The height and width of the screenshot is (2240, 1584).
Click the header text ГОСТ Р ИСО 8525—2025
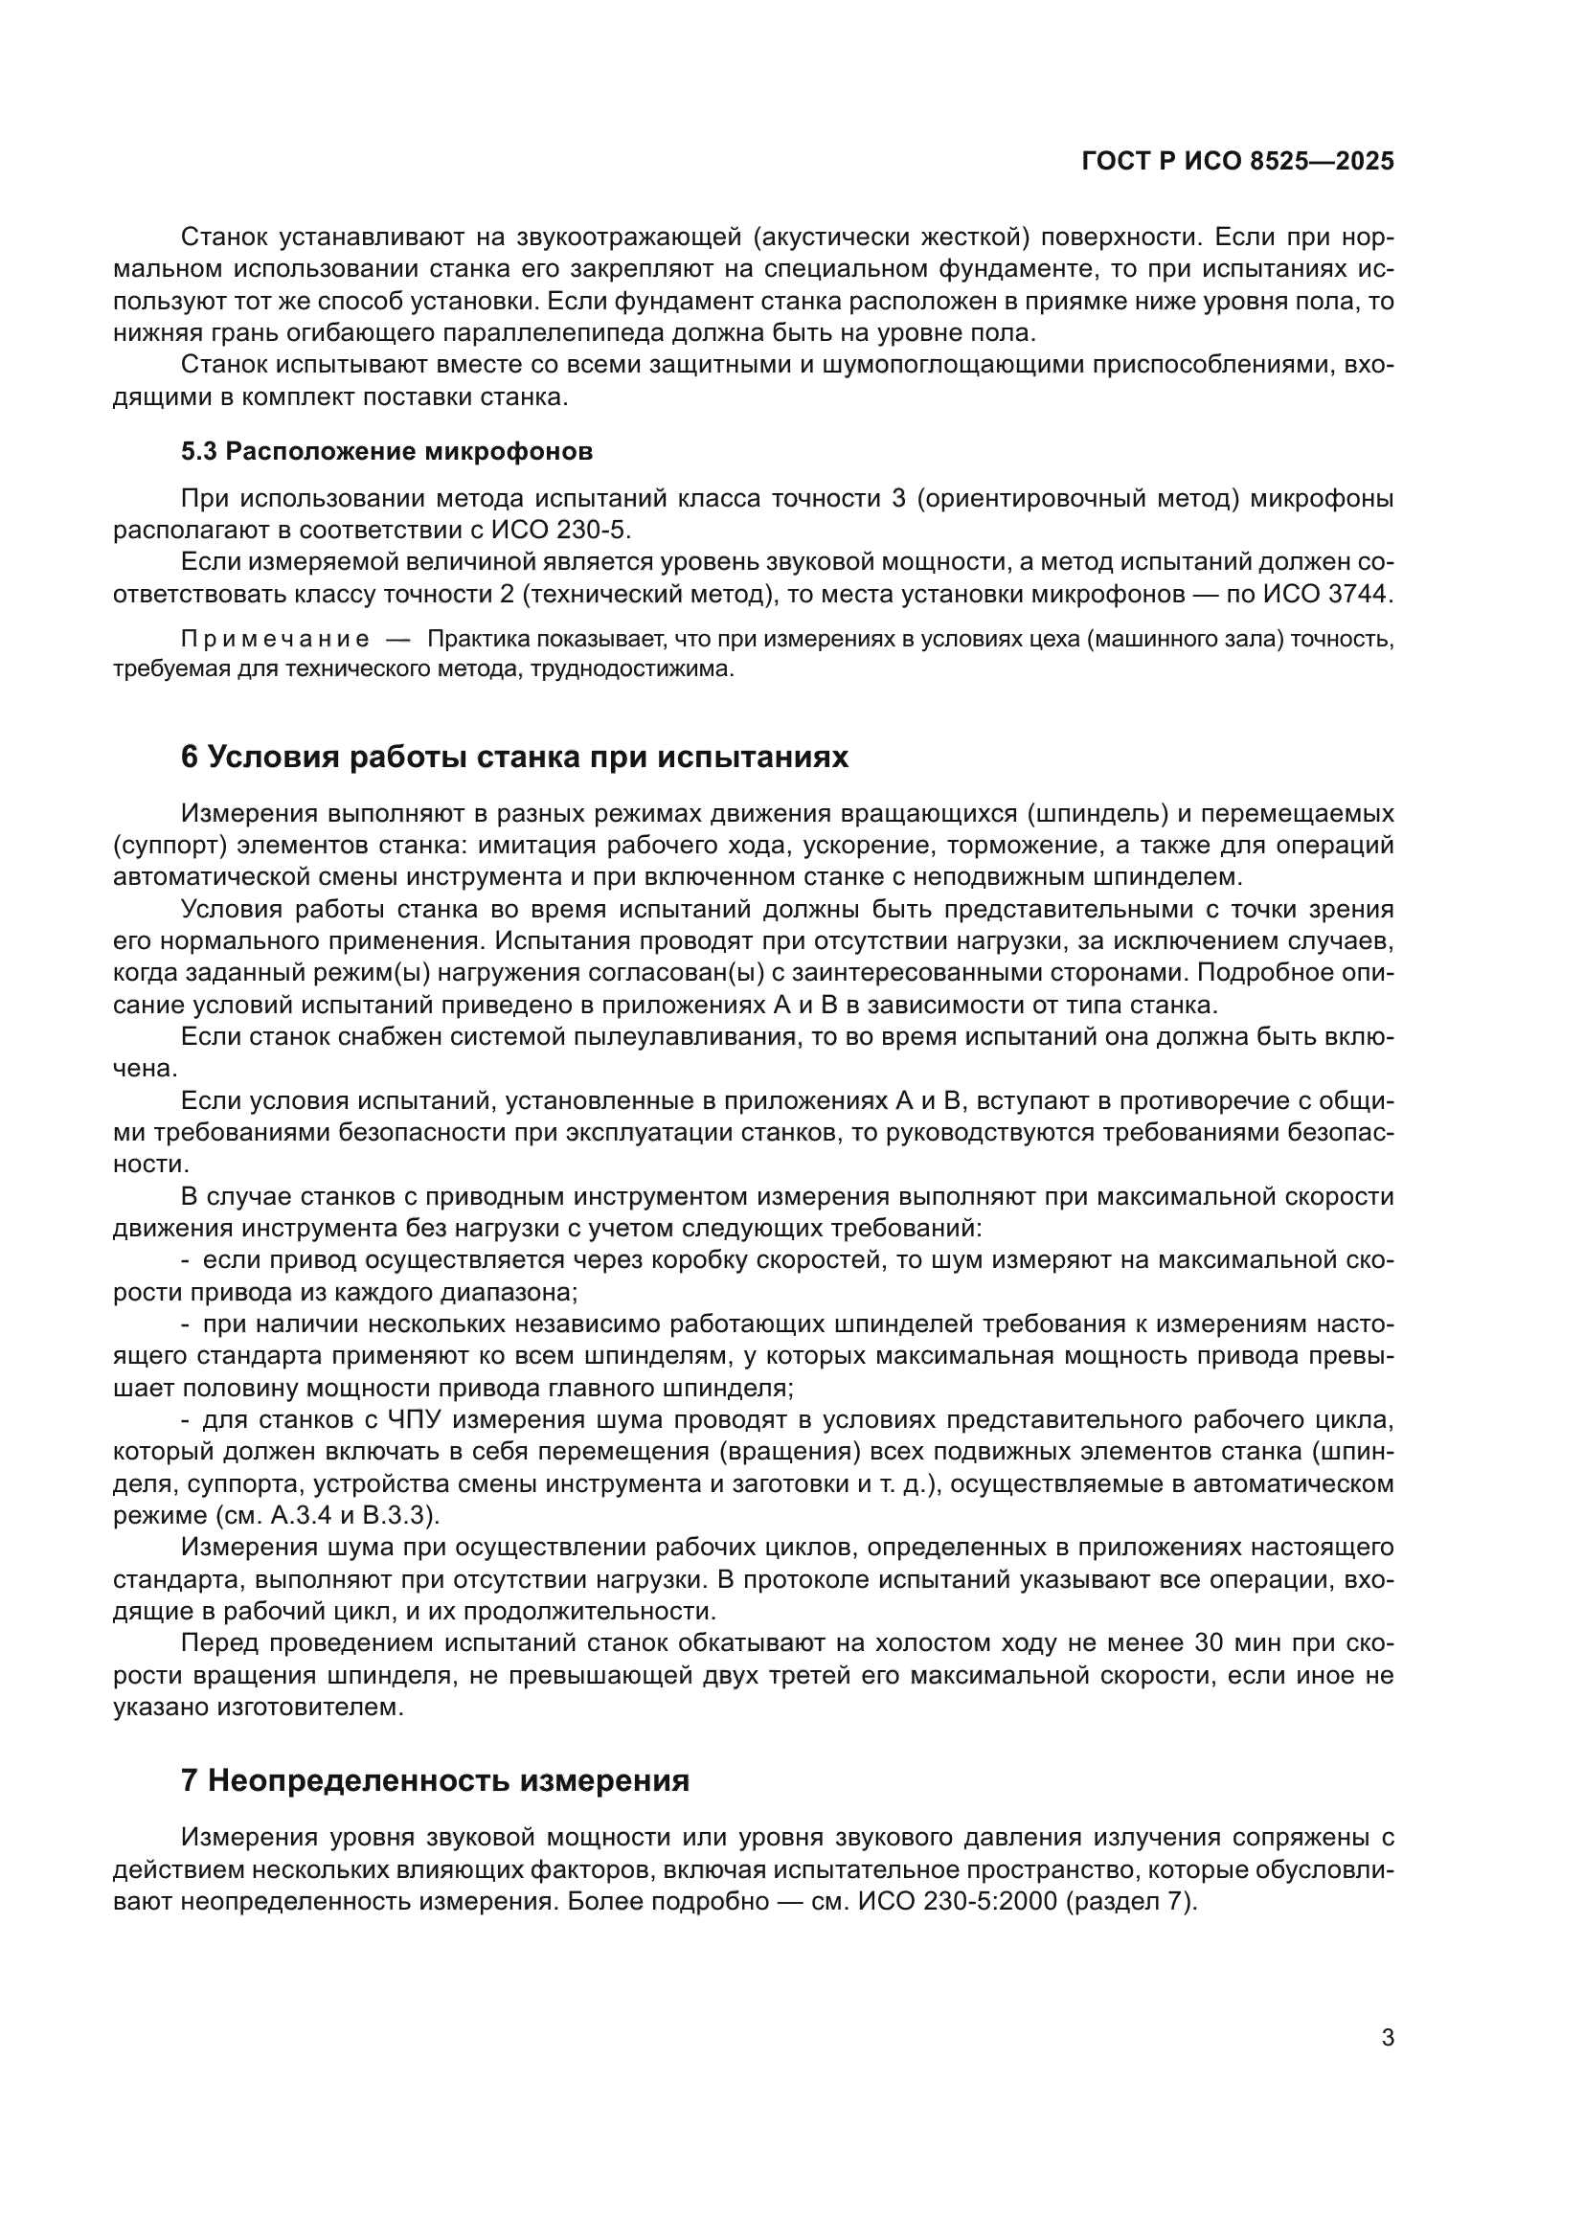point(1236,162)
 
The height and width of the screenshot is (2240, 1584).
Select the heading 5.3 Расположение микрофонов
point(386,451)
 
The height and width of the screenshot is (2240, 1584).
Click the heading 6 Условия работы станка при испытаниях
point(514,757)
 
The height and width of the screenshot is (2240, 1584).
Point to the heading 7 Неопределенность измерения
point(435,1780)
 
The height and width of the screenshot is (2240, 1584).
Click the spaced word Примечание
point(275,639)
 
